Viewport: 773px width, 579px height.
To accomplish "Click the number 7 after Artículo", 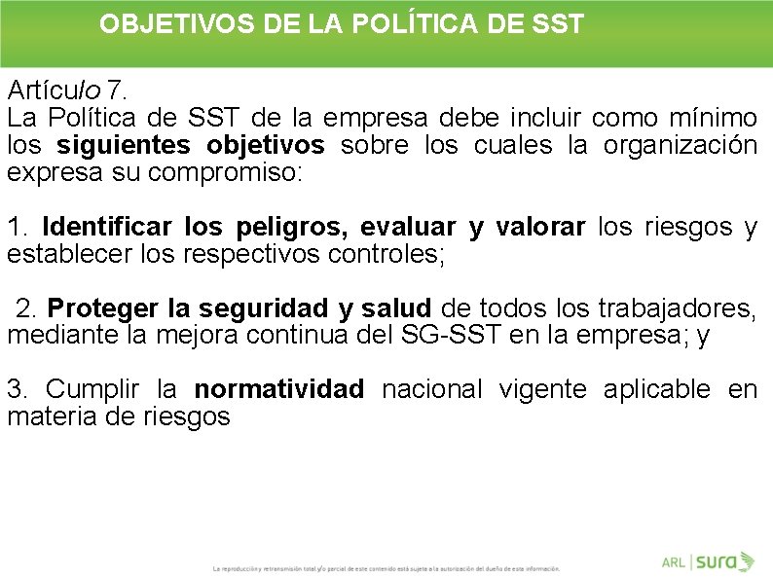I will point(117,90).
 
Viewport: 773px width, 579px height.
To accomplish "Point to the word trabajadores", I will point(681,308).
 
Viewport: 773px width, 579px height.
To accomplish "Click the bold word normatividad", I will point(278,390).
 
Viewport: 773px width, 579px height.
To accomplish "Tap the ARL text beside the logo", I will point(673,562).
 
